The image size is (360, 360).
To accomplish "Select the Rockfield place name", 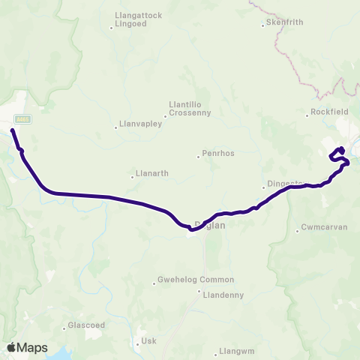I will pyautogui.click(x=328, y=114).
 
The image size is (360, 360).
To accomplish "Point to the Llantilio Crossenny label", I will pyautogui.click(x=190, y=109).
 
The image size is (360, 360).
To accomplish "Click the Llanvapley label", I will pyautogui.click(x=141, y=125).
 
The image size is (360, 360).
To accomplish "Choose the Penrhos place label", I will pyautogui.click(x=218, y=154).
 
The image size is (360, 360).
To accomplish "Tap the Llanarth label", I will pyautogui.click(x=151, y=175).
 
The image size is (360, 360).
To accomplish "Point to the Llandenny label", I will pyautogui.click(x=223, y=295).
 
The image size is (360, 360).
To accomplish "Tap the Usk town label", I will pyautogui.click(x=148, y=341).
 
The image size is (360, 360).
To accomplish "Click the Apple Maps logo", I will pyautogui.click(x=27, y=347).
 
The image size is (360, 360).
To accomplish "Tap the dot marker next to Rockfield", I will pyautogui.click(x=307, y=115).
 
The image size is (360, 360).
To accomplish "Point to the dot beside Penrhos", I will pyautogui.click(x=199, y=156).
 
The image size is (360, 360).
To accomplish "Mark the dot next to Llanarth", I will pyautogui.click(x=132, y=176).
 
